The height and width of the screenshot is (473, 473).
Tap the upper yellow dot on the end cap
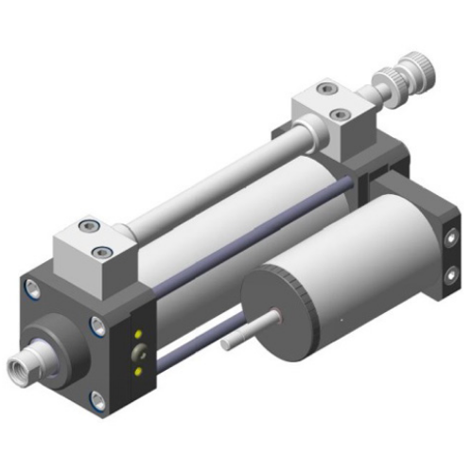(139, 335)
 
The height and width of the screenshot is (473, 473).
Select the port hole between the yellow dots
(140, 354)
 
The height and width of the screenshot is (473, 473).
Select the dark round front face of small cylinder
(283, 312)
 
